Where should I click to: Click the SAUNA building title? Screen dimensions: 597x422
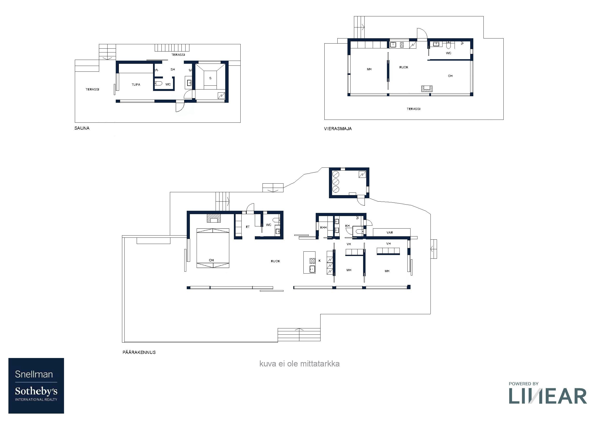[x=82, y=128]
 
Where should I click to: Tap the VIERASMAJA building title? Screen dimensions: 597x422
[x=338, y=129]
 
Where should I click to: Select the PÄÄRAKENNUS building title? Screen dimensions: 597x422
[x=139, y=352]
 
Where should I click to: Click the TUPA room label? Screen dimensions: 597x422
[x=136, y=84]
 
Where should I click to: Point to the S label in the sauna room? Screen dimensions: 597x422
[x=210, y=78]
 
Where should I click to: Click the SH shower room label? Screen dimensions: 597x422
[x=173, y=70]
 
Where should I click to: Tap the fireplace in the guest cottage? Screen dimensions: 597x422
[x=427, y=89]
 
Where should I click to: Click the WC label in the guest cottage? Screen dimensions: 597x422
[x=449, y=53]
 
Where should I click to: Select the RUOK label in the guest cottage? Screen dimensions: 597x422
[x=404, y=67]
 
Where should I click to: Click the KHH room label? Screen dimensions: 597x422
[x=323, y=228]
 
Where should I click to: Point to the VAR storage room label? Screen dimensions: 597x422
[x=390, y=232]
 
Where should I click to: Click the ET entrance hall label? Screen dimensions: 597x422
[x=248, y=227]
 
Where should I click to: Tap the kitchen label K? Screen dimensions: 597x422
[x=320, y=261]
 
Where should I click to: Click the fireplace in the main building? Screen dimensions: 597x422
[x=214, y=218]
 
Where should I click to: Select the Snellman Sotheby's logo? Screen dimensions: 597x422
[x=36, y=386]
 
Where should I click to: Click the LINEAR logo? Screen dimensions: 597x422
[x=548, y=393]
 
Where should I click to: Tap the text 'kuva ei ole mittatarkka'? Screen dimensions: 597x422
[x=299, y=364]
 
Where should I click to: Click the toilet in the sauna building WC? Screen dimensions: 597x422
[x=158, y=83]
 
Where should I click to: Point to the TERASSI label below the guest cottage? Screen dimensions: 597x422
[x=413, y=109]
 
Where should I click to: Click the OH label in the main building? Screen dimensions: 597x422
[x=212, y=260]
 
